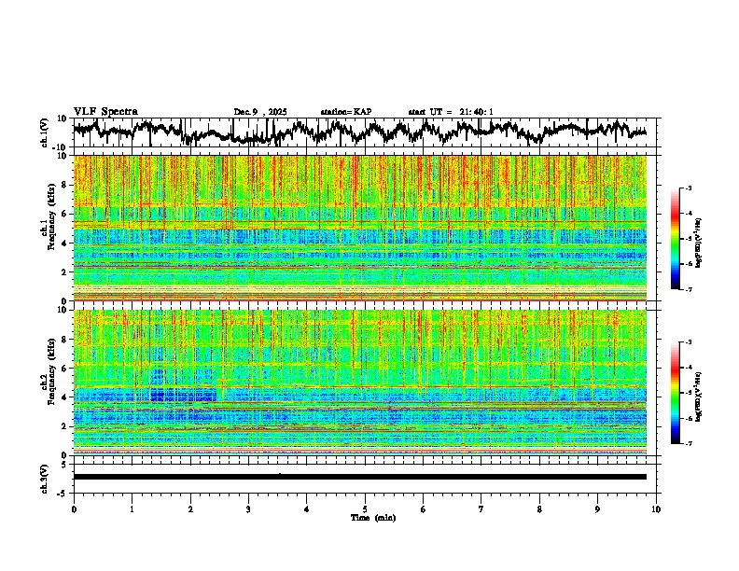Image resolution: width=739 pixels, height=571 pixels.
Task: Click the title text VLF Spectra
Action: click(105, 111)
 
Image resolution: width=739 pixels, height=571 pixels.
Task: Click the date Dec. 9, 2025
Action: click(260, 112)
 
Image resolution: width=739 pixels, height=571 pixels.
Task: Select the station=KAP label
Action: click(345, 112)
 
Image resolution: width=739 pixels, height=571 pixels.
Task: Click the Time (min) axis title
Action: click(365, 517)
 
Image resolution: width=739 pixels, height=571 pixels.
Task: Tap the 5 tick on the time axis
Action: click(365, 508)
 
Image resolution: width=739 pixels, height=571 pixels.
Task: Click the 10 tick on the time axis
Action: click(656, 508)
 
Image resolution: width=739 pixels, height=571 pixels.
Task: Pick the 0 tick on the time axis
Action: click(74, 508)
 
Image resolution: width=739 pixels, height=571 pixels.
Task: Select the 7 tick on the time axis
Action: click(481, 508)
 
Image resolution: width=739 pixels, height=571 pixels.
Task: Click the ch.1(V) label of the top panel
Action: click(45, 132)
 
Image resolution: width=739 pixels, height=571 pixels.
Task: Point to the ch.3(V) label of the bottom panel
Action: click(45, 476)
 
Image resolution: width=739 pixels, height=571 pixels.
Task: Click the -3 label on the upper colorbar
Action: click(688, 188)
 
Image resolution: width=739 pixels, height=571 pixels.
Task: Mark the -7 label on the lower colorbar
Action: click(688, 444)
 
